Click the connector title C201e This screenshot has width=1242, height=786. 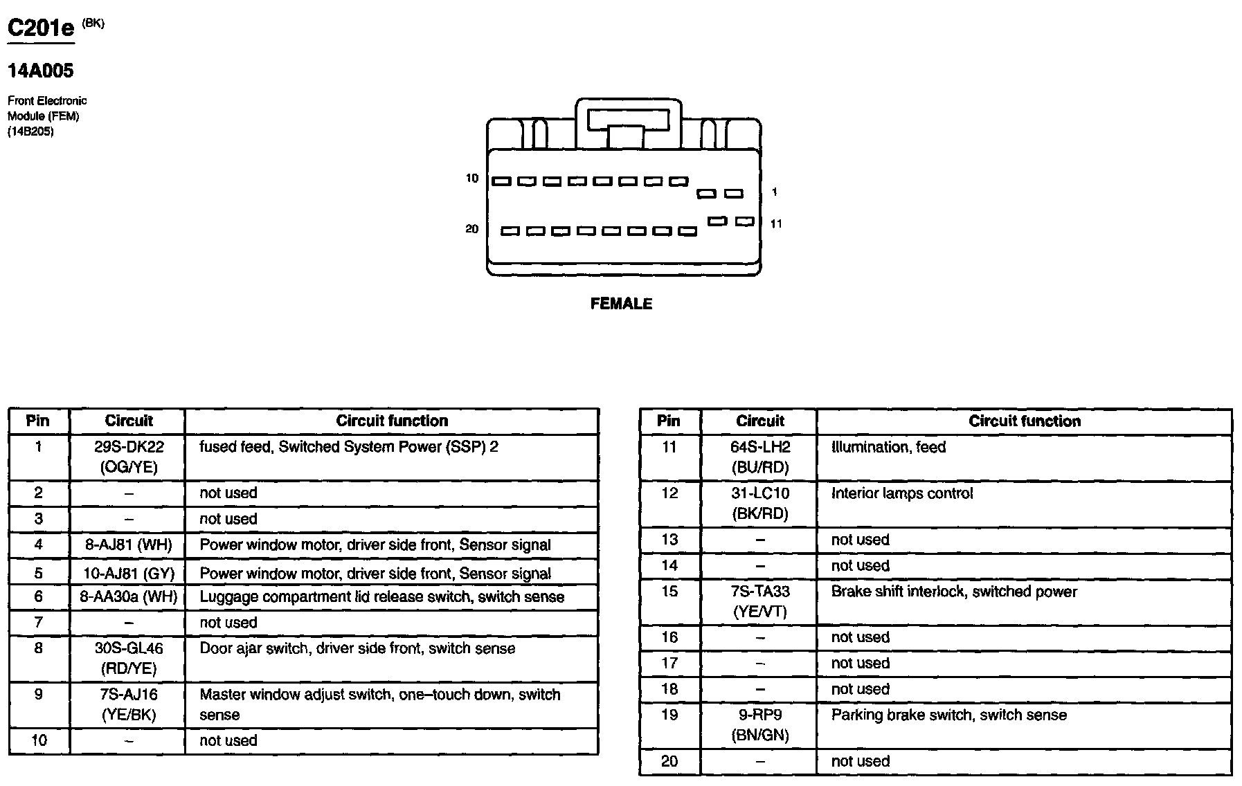[40, 29]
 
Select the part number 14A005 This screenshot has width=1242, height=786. [40, 71]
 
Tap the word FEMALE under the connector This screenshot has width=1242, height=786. [621, 304]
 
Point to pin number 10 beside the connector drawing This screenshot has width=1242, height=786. [471, 179]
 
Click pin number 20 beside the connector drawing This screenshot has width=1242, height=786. [471, 229]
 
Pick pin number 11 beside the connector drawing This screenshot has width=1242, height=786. [776, 223]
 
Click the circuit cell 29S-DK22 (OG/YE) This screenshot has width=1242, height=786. [128, 457]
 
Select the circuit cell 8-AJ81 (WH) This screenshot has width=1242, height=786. [128, 545]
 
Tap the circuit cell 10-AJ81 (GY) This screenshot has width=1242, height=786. [128, 573]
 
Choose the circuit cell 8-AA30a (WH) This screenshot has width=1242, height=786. [128, 596]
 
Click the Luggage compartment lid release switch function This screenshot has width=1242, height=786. [381, 596]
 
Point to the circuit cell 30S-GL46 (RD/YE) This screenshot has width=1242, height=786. [128, 658]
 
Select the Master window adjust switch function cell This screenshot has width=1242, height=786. [379, 704]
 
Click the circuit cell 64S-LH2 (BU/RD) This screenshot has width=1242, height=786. [759, 457]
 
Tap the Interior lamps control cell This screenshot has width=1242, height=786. [901, 493]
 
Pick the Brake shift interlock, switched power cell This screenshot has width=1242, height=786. [953, 592]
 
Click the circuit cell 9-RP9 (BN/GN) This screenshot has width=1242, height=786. [759, 724]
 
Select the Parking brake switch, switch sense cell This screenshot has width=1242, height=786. [948, 715]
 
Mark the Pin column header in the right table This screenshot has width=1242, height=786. [669, 421]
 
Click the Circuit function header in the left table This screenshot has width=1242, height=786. [392, 421]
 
